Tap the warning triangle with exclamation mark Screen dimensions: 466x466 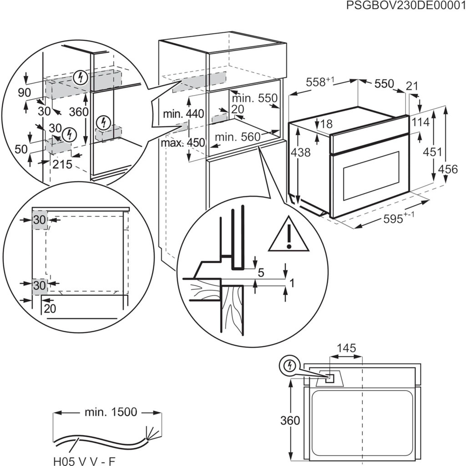tap(289, 236)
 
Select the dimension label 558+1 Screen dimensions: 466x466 tap(320, 82)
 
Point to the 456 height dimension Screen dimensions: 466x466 tap(448, 169)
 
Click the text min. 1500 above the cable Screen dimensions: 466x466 tap(110, 412)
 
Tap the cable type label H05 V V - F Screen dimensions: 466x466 tap(84, 461)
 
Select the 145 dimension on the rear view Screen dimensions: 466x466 tap(346, 349)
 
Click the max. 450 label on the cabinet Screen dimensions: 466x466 tap(183, 142)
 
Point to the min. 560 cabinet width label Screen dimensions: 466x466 tap(237, 137)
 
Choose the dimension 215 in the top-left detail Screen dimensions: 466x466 tap(62, 164)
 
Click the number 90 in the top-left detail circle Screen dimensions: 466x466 tap(25, 92)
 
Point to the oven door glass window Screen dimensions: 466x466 tap(370, 175)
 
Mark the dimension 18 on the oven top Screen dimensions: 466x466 tap(326, 123)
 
